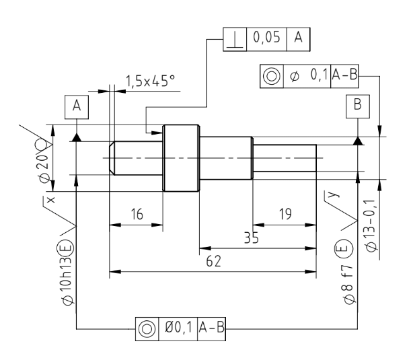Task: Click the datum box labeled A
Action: (x=77, y=107)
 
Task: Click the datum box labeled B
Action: (x=358, y=106)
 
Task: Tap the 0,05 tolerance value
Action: (x=266, y=37)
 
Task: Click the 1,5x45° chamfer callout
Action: (x=151, y=81)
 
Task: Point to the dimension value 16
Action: (x=137, y=214)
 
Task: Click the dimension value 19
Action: (x=285, y=214)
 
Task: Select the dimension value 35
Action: (x=251, y=238)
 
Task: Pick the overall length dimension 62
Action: (x=214, y=261)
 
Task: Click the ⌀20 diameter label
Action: (x=44, y=168)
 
